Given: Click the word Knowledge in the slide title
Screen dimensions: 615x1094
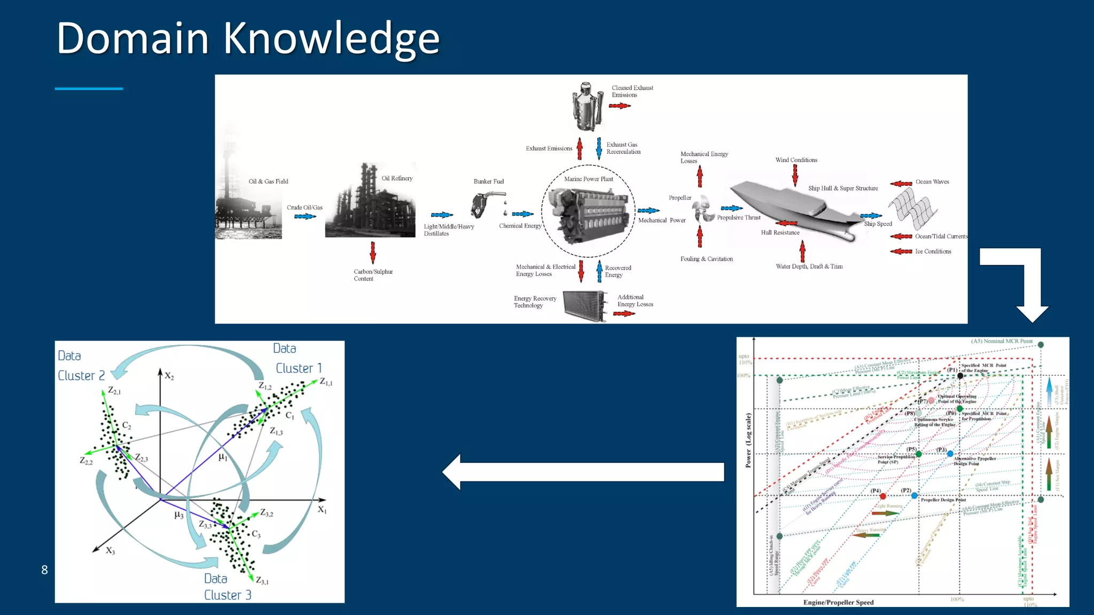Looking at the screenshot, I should [331, 38].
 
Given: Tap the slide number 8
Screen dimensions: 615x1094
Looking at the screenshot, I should [44, 570].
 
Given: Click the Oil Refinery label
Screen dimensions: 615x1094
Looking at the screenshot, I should [397, 178].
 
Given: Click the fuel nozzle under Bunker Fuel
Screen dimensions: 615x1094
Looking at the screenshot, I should [483, 204].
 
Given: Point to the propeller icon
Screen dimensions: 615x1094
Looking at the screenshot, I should [704, 209].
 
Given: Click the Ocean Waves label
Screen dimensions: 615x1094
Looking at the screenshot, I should [932, 182].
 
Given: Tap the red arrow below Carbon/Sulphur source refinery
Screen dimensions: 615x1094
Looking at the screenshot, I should [373, 252].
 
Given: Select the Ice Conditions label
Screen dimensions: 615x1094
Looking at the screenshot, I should [933, 251].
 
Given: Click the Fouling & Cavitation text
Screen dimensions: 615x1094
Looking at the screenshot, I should [706, 259].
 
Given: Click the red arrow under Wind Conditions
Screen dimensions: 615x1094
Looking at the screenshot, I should [795, 175].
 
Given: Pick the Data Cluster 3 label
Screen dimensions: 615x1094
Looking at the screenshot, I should [227, 587].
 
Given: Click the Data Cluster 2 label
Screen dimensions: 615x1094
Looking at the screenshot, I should [81, 366].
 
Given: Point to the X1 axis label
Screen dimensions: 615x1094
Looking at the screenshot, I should [322, 510].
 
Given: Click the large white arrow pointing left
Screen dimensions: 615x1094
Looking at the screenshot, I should [582, 472].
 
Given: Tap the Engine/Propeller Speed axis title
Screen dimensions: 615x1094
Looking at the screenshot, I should [838, 602].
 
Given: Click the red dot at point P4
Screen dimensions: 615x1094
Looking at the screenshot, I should [882, 496].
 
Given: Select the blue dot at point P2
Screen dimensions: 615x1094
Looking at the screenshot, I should [915, 495].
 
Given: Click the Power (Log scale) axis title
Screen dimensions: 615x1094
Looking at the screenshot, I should [748, 440].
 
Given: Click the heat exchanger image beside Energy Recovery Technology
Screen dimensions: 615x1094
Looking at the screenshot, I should [585, 306].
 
